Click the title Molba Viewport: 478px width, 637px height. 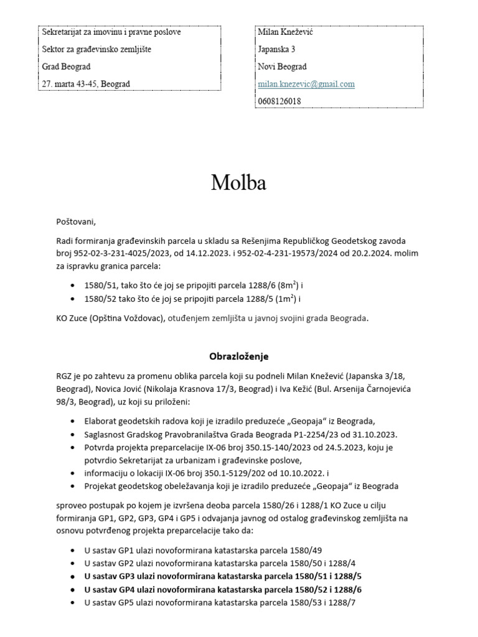[x=238, y=182]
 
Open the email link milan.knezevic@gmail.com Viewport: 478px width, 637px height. [x=306, y=84]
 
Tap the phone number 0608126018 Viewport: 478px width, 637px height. [x=279, y=101]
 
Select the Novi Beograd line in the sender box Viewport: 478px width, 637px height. [x=282, y=67]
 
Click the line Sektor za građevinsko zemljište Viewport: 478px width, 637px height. [x=96, y=49]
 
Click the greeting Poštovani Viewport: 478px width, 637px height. [x=77, y=221]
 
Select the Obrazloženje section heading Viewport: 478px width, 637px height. [x=238, y=356]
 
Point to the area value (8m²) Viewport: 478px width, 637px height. [x=286, y=286]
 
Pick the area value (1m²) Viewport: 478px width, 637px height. [x=284, y=299]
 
